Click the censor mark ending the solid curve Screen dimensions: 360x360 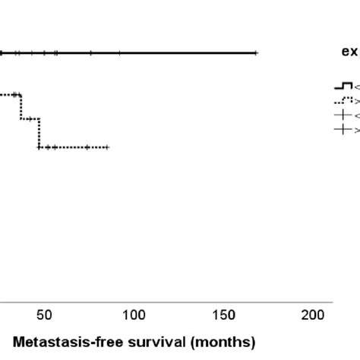click(256, 52)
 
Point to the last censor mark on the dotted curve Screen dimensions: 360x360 click(108, 147)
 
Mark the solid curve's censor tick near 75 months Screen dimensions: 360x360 click(90, 52)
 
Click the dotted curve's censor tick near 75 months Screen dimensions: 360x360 click(87, 147)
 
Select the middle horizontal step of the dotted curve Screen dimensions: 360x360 click(30, 118)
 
